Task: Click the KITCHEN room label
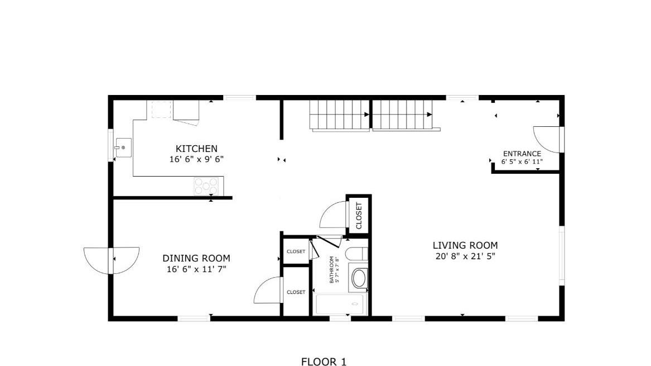click(x=196, y=149)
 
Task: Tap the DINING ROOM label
click(x=196, y=258)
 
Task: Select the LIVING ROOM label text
click(x=465, y=245)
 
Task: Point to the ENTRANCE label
click(x=522, y=154)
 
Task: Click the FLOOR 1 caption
click(x=324, y=362)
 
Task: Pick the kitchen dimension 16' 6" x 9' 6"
click(x=196, y=159)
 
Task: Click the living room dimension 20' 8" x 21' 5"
click(x=465, y=256)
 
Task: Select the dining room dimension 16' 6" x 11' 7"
click(x=196, y=269)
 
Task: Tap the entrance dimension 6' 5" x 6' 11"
click(x=522, y=162)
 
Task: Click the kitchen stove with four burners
click(x=206, y=186)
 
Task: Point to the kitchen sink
click(x=123, y=148)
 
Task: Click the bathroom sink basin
click(x=359, y=278)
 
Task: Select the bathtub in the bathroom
click(x=339, y=305)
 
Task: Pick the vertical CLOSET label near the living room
click(x=359, y=216)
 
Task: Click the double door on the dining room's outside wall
click(x=112, y=260)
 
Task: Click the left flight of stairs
click(x=340, y=115)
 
